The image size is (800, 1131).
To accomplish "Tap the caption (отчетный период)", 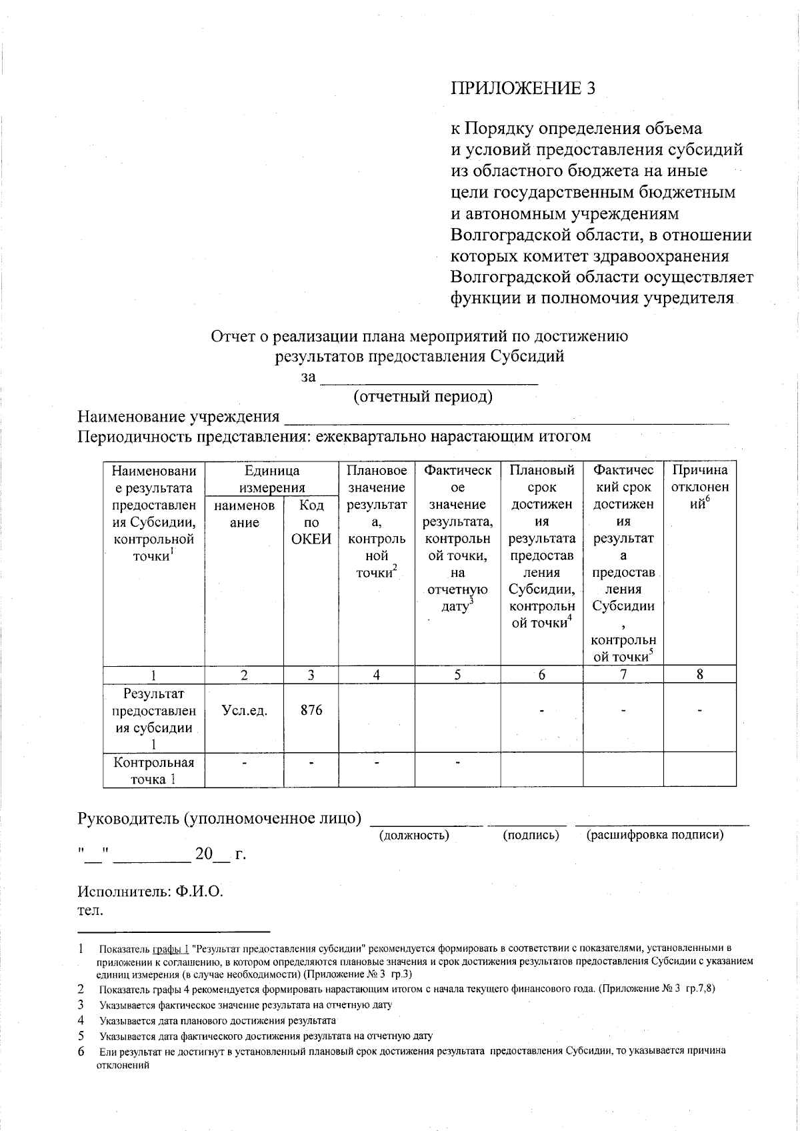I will [423, 397].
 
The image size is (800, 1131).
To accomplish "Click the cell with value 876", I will [311, 710].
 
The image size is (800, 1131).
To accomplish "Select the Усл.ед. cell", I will [245, 711].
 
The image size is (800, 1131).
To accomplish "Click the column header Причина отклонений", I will [699, 487].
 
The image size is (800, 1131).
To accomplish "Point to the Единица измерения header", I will [271, 479].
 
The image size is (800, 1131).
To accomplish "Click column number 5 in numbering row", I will [457, 674].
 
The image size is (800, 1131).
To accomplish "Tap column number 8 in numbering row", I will [699, 674].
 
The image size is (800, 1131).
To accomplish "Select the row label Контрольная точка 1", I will [154, 771].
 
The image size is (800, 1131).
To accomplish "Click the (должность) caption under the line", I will [414, 835].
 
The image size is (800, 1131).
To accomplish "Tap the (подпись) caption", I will [531, 835].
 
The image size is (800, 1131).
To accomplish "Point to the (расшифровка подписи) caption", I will [654, 835].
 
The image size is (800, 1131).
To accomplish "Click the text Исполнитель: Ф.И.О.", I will [150, 892].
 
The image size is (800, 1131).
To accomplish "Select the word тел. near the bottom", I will [89, 910].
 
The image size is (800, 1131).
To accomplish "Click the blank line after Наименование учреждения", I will [507, 419].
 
